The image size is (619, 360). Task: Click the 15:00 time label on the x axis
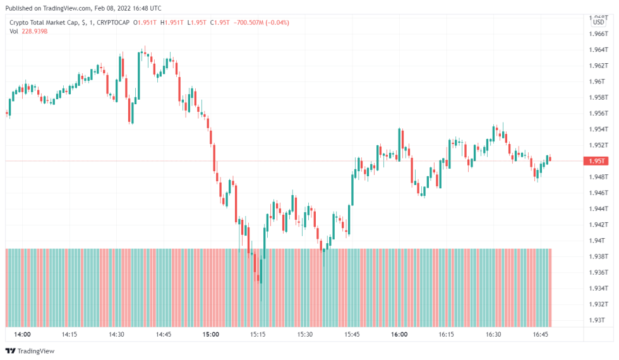pos(211,334)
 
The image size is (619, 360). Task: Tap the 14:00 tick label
pos(22,334)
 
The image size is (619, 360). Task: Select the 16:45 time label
pos(540,334)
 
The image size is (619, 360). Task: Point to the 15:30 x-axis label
pos(305,334)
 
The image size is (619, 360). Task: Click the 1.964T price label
pos(597,50)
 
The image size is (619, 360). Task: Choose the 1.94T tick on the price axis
pos(596,241)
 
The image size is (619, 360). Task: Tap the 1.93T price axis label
pos(596,320)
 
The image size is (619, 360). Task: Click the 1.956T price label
pos(597,114)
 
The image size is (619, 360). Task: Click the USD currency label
pos(599,23)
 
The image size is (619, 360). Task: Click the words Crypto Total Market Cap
pos(44,23)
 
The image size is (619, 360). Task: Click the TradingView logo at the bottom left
pos(30,351)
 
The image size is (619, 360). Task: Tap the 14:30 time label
pos(116,334)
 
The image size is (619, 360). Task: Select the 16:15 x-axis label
pos(447,334)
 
